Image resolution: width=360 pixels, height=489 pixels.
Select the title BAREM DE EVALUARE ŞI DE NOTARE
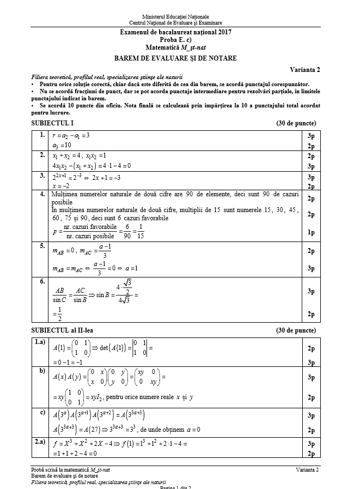[175, 58]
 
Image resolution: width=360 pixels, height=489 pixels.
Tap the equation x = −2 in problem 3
[63, 186]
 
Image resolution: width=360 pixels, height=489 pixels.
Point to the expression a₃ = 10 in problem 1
[63, 146]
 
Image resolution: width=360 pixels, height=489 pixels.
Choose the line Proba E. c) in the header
[175, 40]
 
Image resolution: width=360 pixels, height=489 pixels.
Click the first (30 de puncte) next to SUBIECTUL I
[296, 123]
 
